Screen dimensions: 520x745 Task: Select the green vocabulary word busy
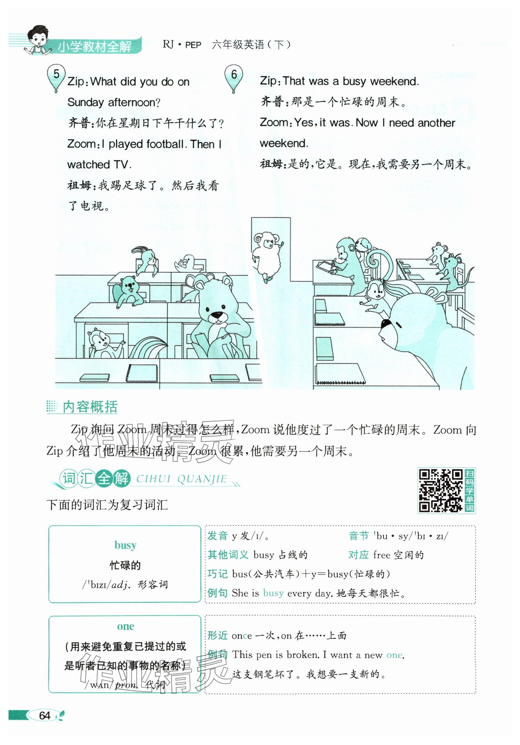pyautogui.click(x=125, y=545)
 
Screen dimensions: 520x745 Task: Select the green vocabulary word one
pyautogui.click(x=125, y=626)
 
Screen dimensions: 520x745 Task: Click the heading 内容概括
pyautogui.click(x=90, y=407)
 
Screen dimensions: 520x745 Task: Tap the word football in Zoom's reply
pyautogui.click(x=165, y=144)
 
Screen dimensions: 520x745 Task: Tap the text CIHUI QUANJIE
pyautogui.click(x=181, y=479)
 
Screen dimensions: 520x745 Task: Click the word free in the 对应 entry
pyautogui.click(x=381, y=555)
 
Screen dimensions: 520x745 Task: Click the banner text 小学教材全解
pyautogui.click(x=95, y=46)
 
